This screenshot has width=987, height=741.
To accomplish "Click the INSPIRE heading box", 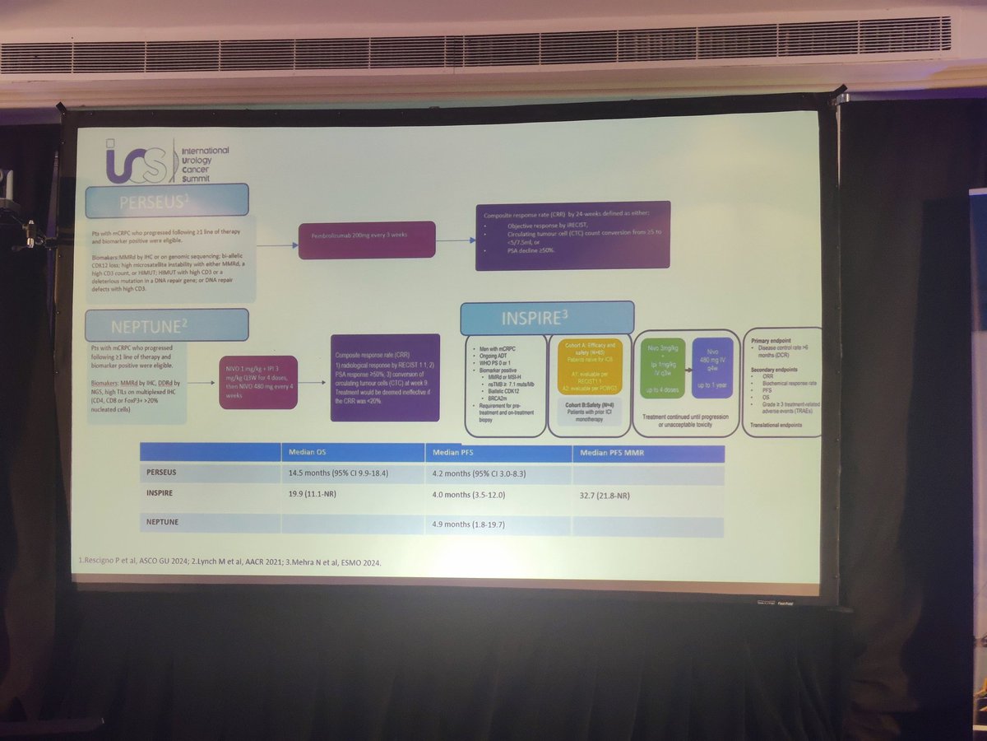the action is (546, 318).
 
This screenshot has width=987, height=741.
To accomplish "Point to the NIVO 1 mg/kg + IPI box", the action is (257, 382).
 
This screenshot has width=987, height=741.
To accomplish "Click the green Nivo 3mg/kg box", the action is (661, 365).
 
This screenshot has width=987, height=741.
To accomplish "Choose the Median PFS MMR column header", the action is (648, 454).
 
